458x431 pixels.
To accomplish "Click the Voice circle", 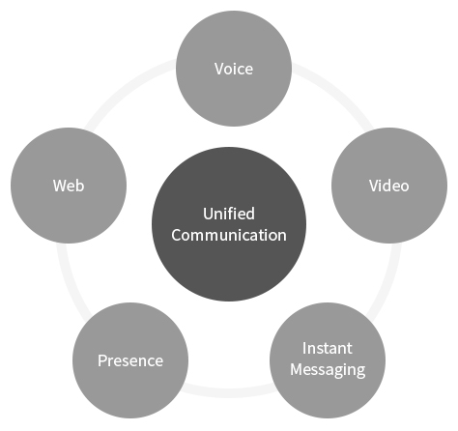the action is tap(234, 69).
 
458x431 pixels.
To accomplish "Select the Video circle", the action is tap(389, 186).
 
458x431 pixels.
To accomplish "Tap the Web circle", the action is tap(69, 186).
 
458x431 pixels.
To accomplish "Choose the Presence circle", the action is tap(130, 360).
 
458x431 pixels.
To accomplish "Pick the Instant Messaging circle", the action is tap(328, 360).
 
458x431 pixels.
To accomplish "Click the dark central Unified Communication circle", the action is tap(229, 224).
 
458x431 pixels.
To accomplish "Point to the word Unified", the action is tap(229, 214).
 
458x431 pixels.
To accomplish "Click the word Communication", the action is tap(229, 235).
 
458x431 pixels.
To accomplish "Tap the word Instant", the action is tap(328, 348).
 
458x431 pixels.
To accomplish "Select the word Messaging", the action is tap(328, 370).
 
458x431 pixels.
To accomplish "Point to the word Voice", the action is tap(234, 69).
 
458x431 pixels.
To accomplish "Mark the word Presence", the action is tap(130, 360).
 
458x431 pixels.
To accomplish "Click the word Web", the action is tap(69, 186).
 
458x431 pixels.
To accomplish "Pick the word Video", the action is tap(389, 186).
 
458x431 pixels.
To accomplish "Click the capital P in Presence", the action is tap(102, 360).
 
